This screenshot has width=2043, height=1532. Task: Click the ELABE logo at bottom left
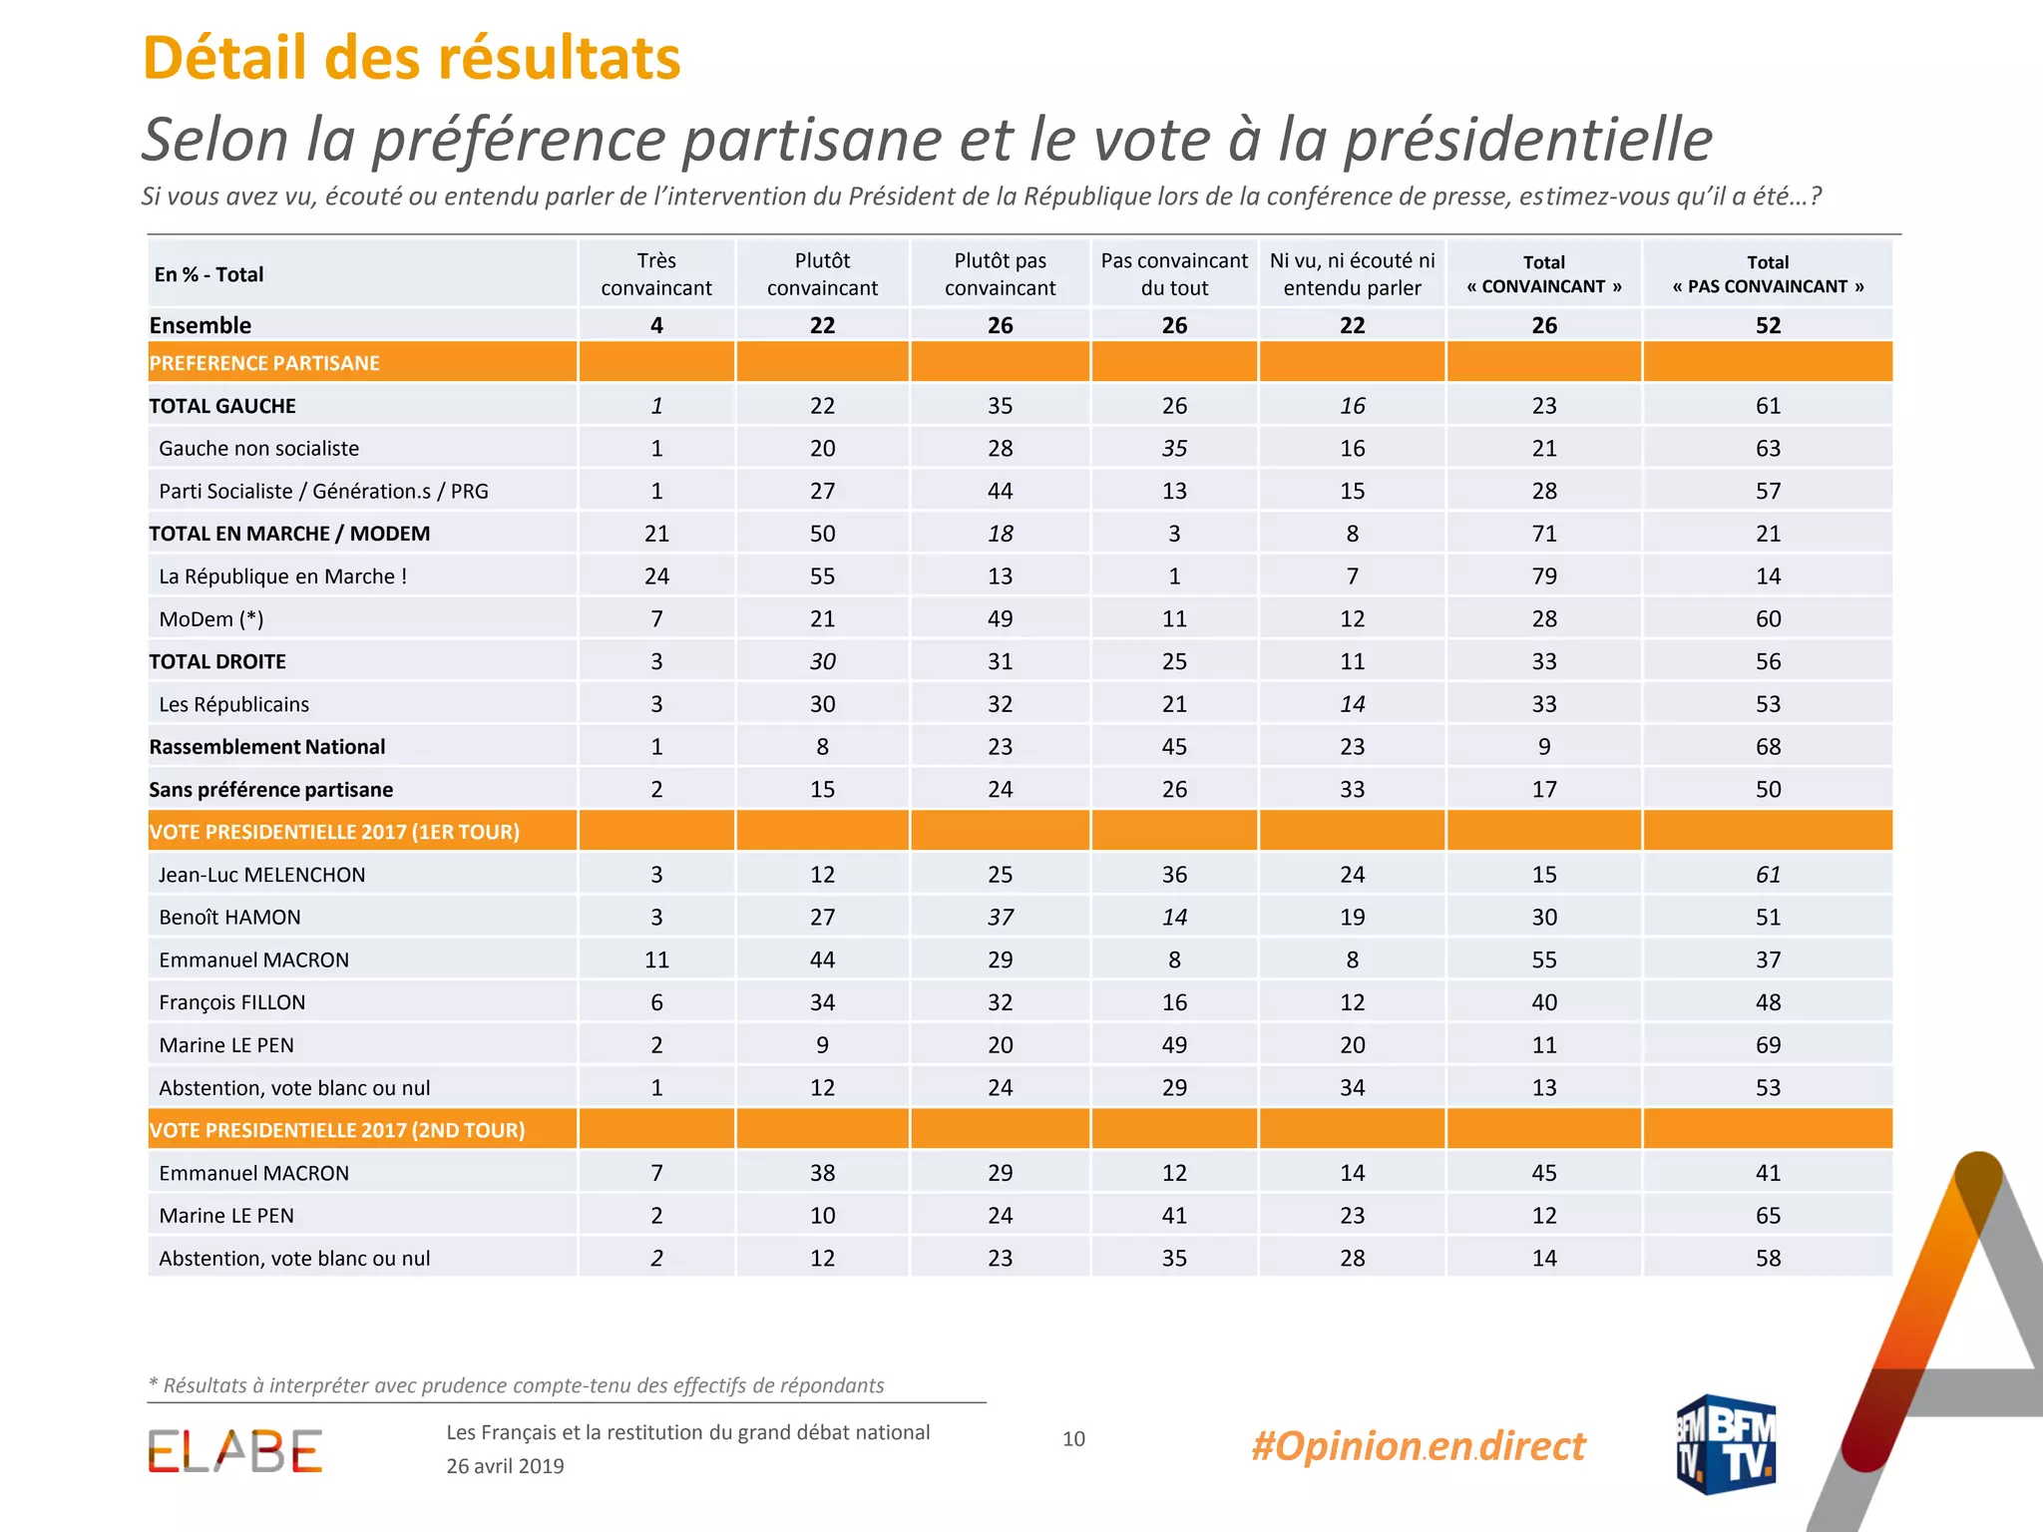235,1451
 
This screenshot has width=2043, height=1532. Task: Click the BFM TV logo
1726,1444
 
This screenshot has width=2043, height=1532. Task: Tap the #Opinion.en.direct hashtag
1418,1445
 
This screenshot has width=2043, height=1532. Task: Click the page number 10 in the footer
1073,1438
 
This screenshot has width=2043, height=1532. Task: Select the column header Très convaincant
656,274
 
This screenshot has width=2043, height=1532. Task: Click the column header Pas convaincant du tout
1174,274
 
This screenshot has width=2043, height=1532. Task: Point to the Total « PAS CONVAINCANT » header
1768,274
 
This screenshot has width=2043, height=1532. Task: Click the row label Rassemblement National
266,747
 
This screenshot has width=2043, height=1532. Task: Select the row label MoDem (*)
211,619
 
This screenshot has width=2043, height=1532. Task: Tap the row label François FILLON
232,1002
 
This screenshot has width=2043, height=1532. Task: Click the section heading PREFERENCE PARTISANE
264,363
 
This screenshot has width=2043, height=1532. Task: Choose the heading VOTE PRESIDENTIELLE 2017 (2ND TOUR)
337,1130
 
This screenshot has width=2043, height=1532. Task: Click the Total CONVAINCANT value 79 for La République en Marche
1544,576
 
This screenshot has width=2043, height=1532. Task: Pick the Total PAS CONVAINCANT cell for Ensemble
1768,325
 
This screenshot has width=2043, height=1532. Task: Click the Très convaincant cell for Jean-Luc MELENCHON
656,875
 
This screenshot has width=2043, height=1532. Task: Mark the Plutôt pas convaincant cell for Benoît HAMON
1000,918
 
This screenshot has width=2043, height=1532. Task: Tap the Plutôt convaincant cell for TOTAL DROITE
822,661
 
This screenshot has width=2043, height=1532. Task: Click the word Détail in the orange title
224,58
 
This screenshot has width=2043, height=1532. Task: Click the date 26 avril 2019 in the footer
505,1466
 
